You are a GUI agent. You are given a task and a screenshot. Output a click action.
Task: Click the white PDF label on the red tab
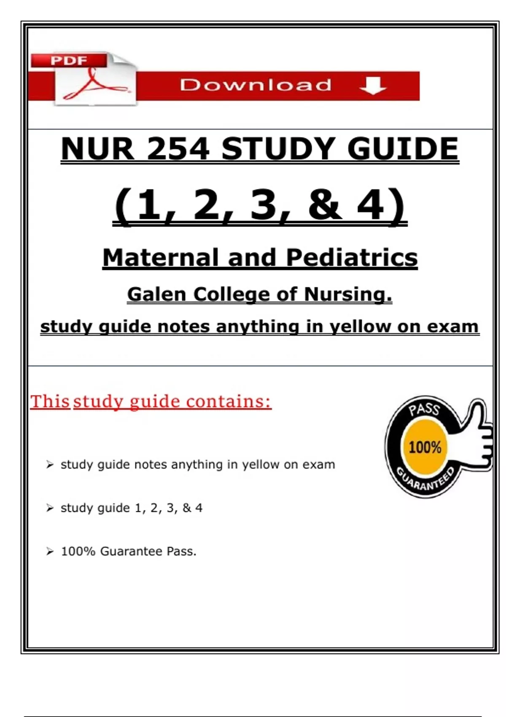coord(69,60)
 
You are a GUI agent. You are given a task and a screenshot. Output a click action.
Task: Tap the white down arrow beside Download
coord(373,86)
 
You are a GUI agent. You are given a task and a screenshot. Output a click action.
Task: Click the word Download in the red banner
coord(256,85)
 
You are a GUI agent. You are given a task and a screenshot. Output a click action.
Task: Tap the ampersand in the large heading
coord(324,205)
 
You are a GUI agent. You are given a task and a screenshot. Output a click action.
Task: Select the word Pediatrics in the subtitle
coord(352,258)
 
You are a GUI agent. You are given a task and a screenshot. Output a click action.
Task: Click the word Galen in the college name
coord(156,294)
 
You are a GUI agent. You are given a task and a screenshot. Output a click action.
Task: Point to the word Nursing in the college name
coord(348,294)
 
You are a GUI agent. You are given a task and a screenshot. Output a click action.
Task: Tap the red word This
coord(50,402)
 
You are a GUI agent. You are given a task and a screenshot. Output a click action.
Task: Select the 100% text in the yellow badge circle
coord(425,447)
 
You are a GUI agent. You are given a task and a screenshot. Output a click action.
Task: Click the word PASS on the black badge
coord(424,409)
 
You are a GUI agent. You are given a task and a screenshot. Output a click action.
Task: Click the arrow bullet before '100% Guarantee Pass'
coord(50,551)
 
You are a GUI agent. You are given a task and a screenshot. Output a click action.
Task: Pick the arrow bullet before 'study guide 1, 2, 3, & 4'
coord(50,508)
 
